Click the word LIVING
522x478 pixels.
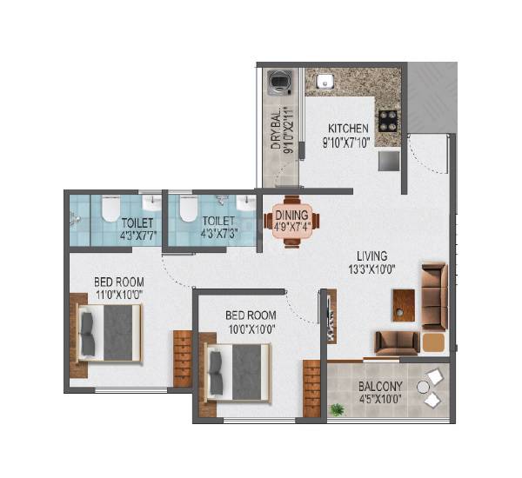[371, 256]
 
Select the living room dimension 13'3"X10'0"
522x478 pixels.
[371, 269]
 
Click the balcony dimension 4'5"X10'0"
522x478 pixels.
[379, 402]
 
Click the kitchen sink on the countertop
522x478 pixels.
[328, 83]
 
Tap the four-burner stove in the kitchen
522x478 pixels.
[386, 119]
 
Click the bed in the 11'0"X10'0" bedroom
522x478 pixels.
[108, 333]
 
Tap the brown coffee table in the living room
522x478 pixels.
[403, 303]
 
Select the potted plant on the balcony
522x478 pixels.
[336, 409]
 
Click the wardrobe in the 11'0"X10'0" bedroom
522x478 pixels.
[182, 358]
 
